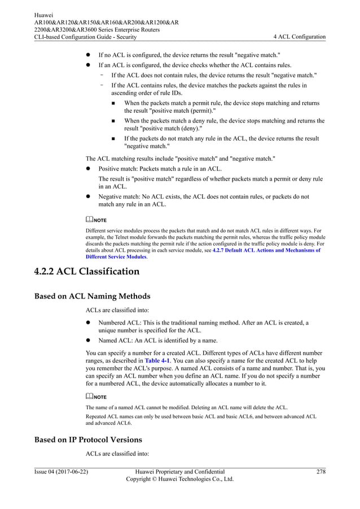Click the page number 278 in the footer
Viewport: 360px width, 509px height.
tap(320, 471)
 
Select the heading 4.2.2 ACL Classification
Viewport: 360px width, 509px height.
tap(86, 271)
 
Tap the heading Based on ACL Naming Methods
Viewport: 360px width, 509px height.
tap(93, 296)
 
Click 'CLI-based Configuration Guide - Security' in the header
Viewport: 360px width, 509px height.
tap(85, 37)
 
